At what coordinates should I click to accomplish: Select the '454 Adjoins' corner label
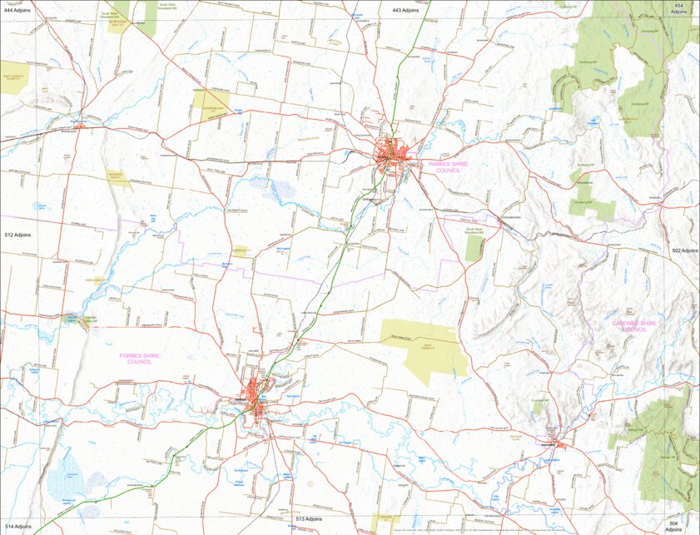pyautogui.click(x=680, y=9)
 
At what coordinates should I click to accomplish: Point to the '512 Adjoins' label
pyautogui.click(x=17, y=235)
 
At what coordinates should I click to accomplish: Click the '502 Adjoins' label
pyautogui.click(x=684, y=250)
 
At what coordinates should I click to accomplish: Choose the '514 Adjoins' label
pyautogui.click(x=17, y=527)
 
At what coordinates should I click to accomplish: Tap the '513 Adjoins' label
pyautogui.click(x=309, y=518)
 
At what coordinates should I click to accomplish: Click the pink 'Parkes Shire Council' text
pyautogui.click(x=449, y=166)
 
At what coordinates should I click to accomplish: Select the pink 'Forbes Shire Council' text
pyautogui.click(x=139, y=359)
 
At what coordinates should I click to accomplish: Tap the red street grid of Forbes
pyautogui.click(x=255, y=389)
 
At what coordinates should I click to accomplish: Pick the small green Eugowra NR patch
pyautogui.click(x=539, y=408)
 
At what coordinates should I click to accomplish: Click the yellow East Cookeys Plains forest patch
pyautogui.click(x=15, y=75)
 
